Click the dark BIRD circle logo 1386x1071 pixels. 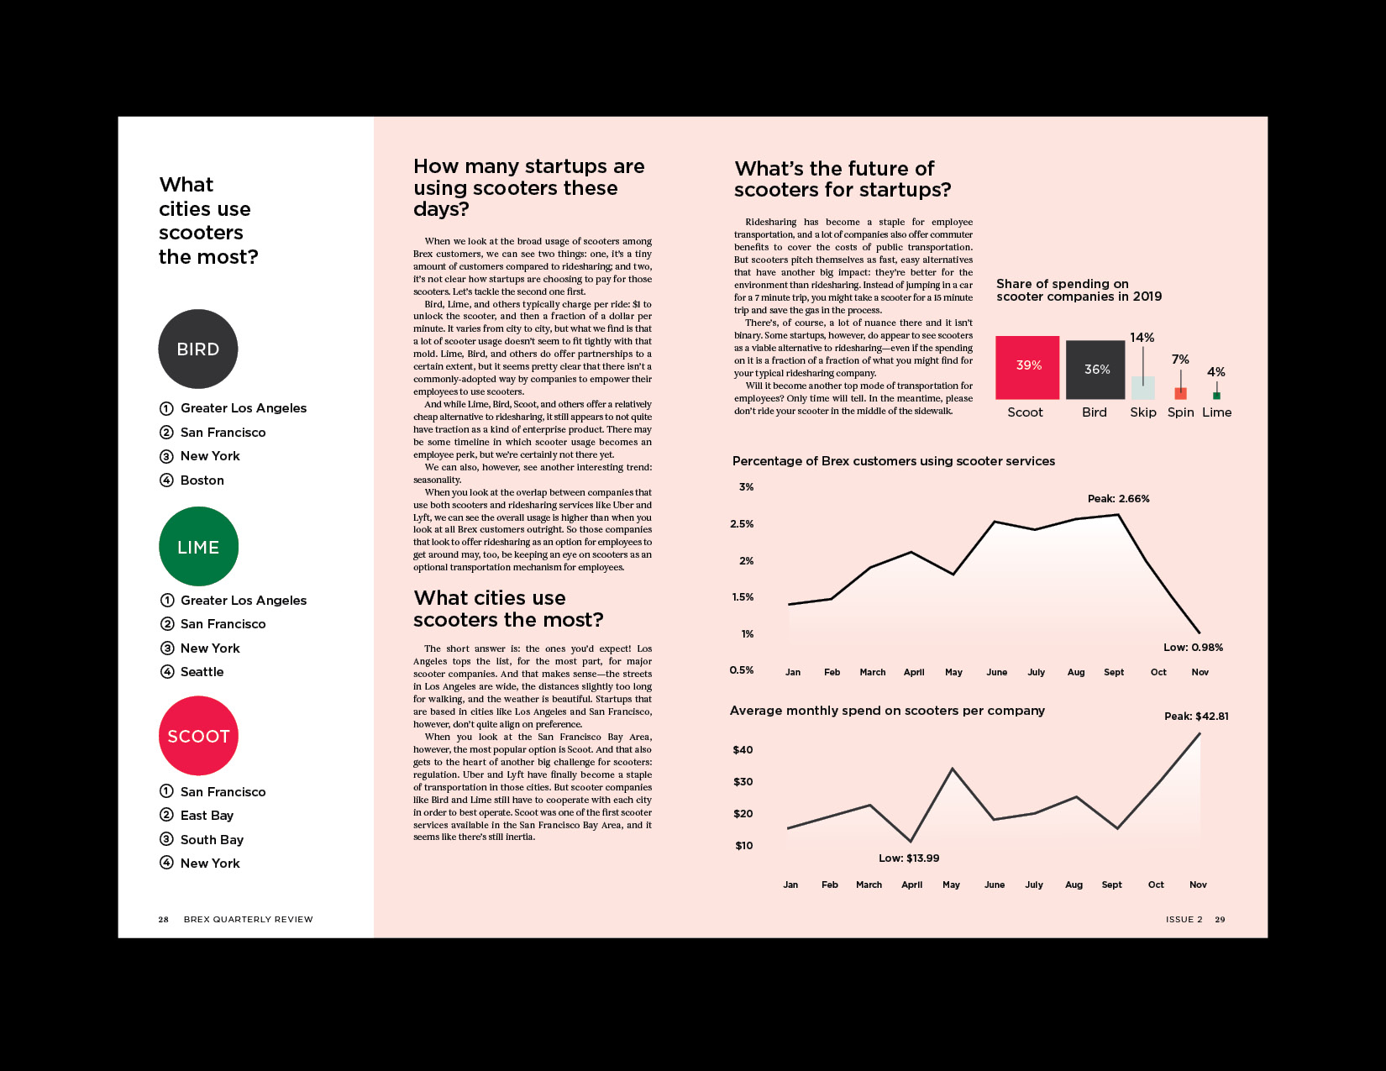pyautogui.click(x=198, y=349)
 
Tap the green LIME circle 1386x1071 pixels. pyautogui.click(x=198, y=547)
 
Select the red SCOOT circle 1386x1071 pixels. pyautogui.click(x=198, y=736)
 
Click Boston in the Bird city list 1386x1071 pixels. pyautogui.click(x=202, y=480)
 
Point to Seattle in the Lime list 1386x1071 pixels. pyautogui.click(x=202, y=672)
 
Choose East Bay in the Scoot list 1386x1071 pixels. pyautogui.click(x=207, y=816)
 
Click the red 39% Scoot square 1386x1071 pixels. pyautogui.click(x=1027, y=367)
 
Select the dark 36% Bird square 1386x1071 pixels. pyautogui.click(x=1095, y=370)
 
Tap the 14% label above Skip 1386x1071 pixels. pyautogui.click(x=1142, y=338)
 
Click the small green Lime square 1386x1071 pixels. pyautogui.click(x=1216, y=396)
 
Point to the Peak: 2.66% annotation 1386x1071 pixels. pyautogui.click(x=1118, y=499)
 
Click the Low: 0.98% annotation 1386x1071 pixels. pyautogui.click(x=1193, y=648)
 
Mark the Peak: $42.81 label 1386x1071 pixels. pyautogui.click(x=1196, y=717)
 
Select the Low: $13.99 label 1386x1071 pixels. pyautogui.click(x=909, y=858)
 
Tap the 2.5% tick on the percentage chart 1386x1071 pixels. pyautogui.click(x=742, y=524)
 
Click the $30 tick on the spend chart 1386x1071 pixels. pyautogui.click(x=743, y=782)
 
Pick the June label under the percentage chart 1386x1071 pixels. pyautogui.click(x=996, y=672)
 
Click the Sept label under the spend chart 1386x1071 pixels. pyautogui.click(x=1111, y=885)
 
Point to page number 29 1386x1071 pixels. pyautogui.click(x=1220, y=920)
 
